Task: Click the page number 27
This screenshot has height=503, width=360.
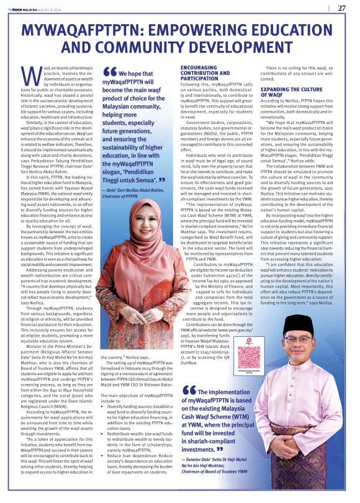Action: point(341,8)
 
